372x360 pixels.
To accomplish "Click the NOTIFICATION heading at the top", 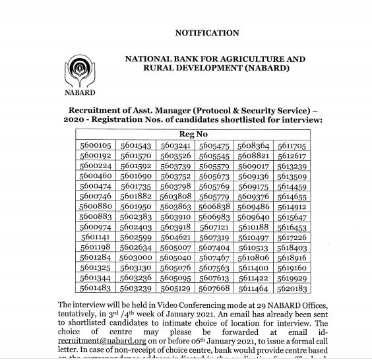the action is pos(206,33).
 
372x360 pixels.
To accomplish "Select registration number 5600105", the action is pos(96,146).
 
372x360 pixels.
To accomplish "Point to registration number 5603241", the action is pos(175,146).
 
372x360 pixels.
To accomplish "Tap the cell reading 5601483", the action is pos(96,289).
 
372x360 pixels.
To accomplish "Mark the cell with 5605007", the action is pos(175,248).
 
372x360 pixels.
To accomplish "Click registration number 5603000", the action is pos(136,258).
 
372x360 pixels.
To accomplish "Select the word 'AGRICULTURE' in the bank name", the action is pos(247,59).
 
